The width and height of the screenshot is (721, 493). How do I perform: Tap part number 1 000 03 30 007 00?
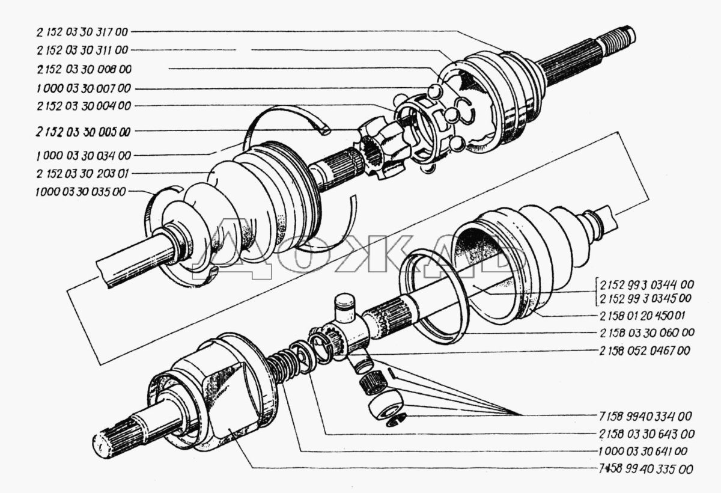pos(83,88)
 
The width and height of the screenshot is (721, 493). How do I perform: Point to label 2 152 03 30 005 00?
pos(85,130)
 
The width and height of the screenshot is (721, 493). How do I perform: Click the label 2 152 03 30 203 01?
pos(83,174)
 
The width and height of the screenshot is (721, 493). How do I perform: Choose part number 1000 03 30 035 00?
pos(81,193)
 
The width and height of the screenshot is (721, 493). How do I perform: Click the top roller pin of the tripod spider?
pos(345,304)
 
